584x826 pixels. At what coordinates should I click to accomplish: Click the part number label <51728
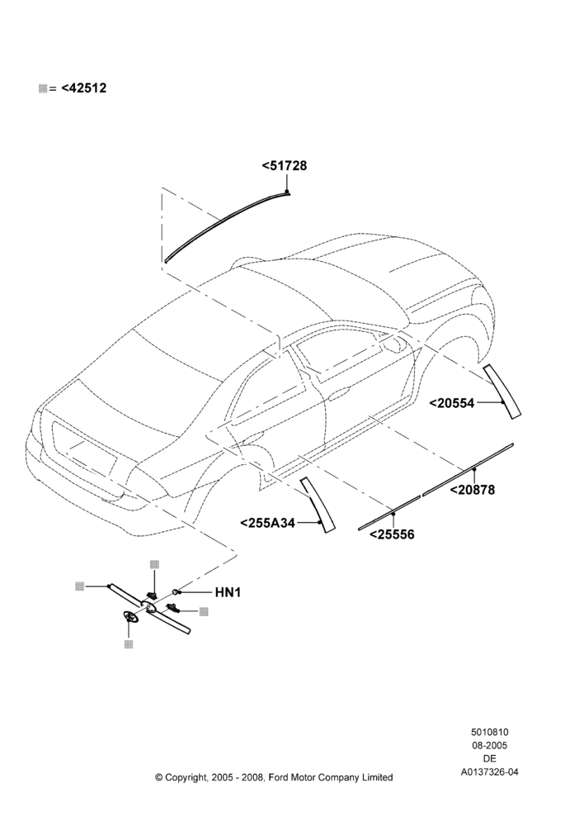[284, 166]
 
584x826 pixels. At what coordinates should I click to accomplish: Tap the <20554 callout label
[452, 403]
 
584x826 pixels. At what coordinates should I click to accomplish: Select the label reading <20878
[473, 489]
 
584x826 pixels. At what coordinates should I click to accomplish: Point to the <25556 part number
[392, 534]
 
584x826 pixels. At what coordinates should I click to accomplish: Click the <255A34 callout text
[268, 523]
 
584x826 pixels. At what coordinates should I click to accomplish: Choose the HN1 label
[228, 592]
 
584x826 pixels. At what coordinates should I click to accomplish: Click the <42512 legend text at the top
[83, 88]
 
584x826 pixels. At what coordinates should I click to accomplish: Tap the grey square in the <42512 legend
[43, 88]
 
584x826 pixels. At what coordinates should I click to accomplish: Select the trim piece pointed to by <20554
[503, 391]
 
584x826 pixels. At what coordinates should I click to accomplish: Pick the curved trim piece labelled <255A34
[318, 505]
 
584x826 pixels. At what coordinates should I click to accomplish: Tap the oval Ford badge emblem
[130, 618]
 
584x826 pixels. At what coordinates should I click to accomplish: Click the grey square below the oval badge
[129, 644]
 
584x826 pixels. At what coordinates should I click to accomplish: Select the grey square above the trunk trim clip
[154, 565]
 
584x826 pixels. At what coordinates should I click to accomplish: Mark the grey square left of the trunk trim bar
[80, 586]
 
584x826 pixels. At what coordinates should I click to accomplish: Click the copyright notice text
[274, 777]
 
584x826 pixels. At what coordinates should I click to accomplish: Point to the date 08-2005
[490, 745]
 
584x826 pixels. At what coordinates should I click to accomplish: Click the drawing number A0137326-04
[490, 772]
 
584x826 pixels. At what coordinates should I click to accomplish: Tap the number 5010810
[490, 732]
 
